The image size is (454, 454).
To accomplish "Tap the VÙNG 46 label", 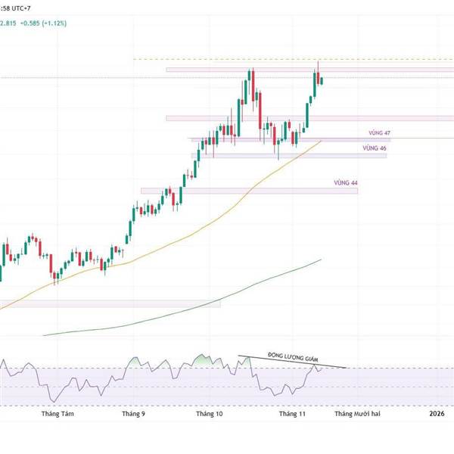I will (x=374, y=148).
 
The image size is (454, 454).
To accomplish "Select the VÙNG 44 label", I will (x=345, y=183).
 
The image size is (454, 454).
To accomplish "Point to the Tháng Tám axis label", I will (x=58, y=415).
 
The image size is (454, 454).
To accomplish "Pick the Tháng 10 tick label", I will (x=209, y=415).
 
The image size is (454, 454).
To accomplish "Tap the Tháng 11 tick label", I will (x=291, y=415).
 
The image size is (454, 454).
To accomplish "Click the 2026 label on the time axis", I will (x=437, y=415).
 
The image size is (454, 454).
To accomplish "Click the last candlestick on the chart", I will (x=322, y=80).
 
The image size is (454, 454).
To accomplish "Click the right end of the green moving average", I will (x=322, y=260).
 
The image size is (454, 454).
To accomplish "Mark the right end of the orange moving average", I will (x=322, y=140).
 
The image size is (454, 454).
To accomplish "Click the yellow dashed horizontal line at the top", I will (x=227, y=59).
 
